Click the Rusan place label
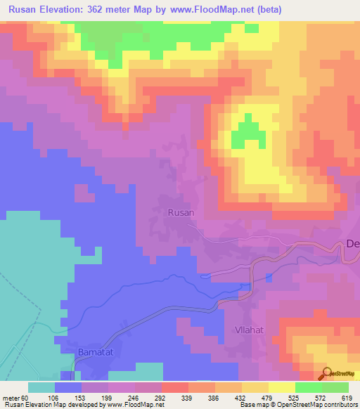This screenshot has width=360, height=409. tap(181, 212)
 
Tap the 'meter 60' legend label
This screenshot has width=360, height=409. tap(15, 397)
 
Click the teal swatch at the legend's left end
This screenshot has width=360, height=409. tap(41, 387)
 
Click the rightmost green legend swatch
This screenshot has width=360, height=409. tap(335, 387)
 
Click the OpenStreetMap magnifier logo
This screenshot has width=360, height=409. tap(327, 373)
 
